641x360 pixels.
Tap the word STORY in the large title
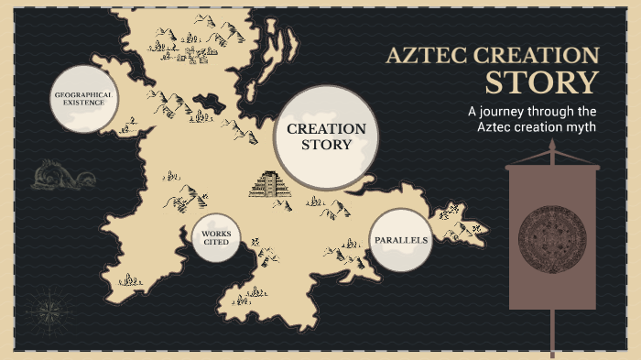[541, 83]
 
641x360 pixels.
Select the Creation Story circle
[326, 137]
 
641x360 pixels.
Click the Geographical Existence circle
[83, 99]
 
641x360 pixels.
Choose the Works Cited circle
[216, 238]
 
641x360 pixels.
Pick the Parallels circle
[401, 240]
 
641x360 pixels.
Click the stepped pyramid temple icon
[270, 185]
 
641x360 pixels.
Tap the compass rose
[43, 307]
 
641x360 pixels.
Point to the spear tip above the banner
[552, 147]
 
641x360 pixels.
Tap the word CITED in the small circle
[216, 244]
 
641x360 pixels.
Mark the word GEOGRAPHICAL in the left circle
[83, 94]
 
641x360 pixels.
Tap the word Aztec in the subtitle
[496, 127]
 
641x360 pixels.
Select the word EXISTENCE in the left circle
[83, 104]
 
